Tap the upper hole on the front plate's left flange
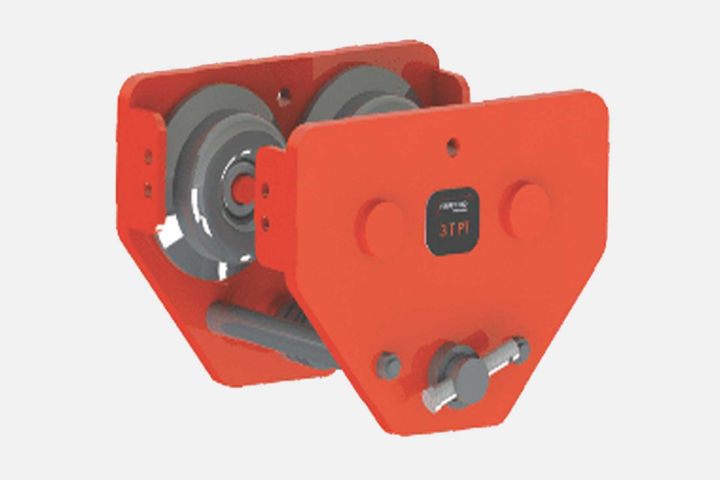click(266, 188)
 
